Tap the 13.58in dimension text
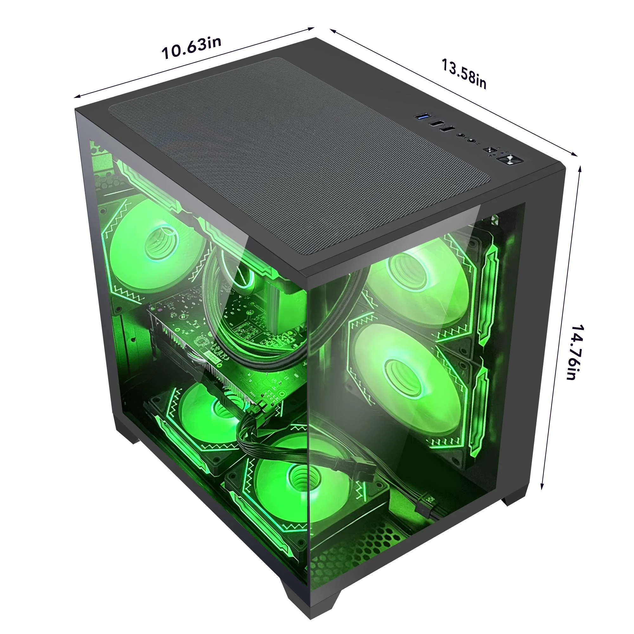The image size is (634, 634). [x=463, y=74]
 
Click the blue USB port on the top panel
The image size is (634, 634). [x=423, y=116]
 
